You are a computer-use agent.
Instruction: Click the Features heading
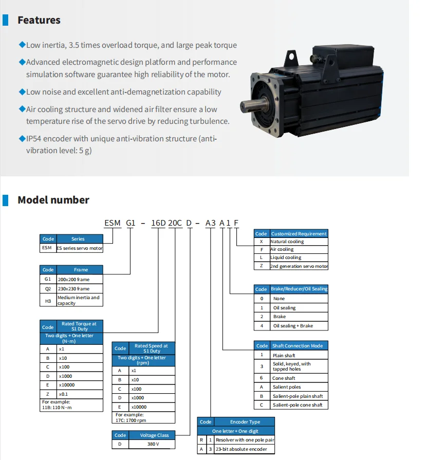39,21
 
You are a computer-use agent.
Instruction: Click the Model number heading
53,200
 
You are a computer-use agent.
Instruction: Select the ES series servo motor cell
80,248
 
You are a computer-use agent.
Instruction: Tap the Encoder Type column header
245,422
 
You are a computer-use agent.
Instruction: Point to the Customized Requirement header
299,234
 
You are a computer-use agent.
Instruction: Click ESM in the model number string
113,223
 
